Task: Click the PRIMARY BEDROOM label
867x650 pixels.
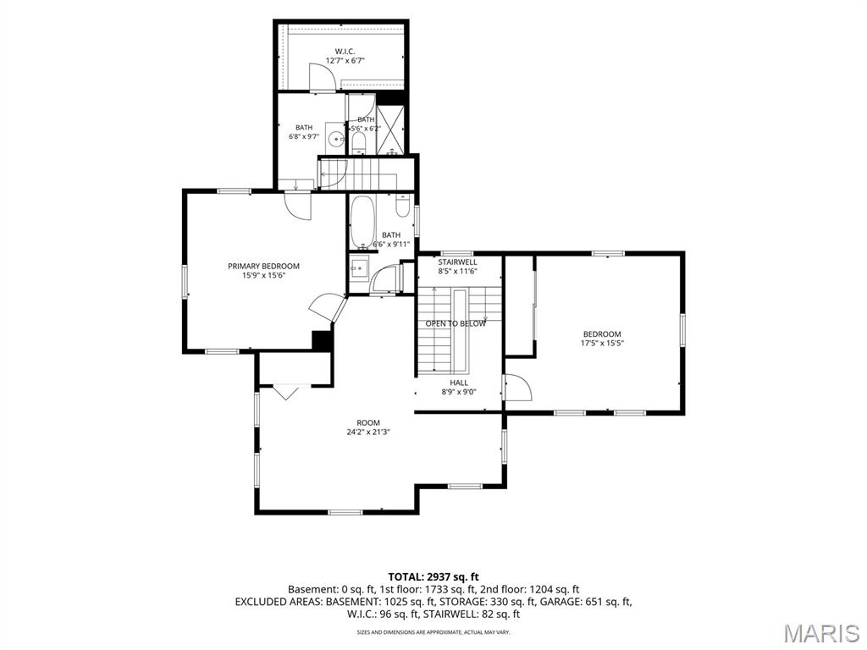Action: [264, 266]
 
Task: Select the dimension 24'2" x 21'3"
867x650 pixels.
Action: [368, 432]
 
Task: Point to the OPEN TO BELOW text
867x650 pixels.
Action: [456, 323]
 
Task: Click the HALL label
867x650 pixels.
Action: [459, 383]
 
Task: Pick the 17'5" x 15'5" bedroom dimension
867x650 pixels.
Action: [602, 343]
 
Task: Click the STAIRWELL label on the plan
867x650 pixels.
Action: [457, 262]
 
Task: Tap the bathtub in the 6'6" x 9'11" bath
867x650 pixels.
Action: [362, 223]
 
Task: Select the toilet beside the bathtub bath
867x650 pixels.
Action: [402, 207]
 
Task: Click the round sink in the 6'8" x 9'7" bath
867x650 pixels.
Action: [335, 139]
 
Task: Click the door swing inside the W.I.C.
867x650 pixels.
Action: [322, 76]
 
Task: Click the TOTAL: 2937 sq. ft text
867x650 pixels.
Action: [433, 577]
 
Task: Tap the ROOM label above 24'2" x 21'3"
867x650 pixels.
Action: [368, 423]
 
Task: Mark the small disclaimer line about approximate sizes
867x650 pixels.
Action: [433, 631]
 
